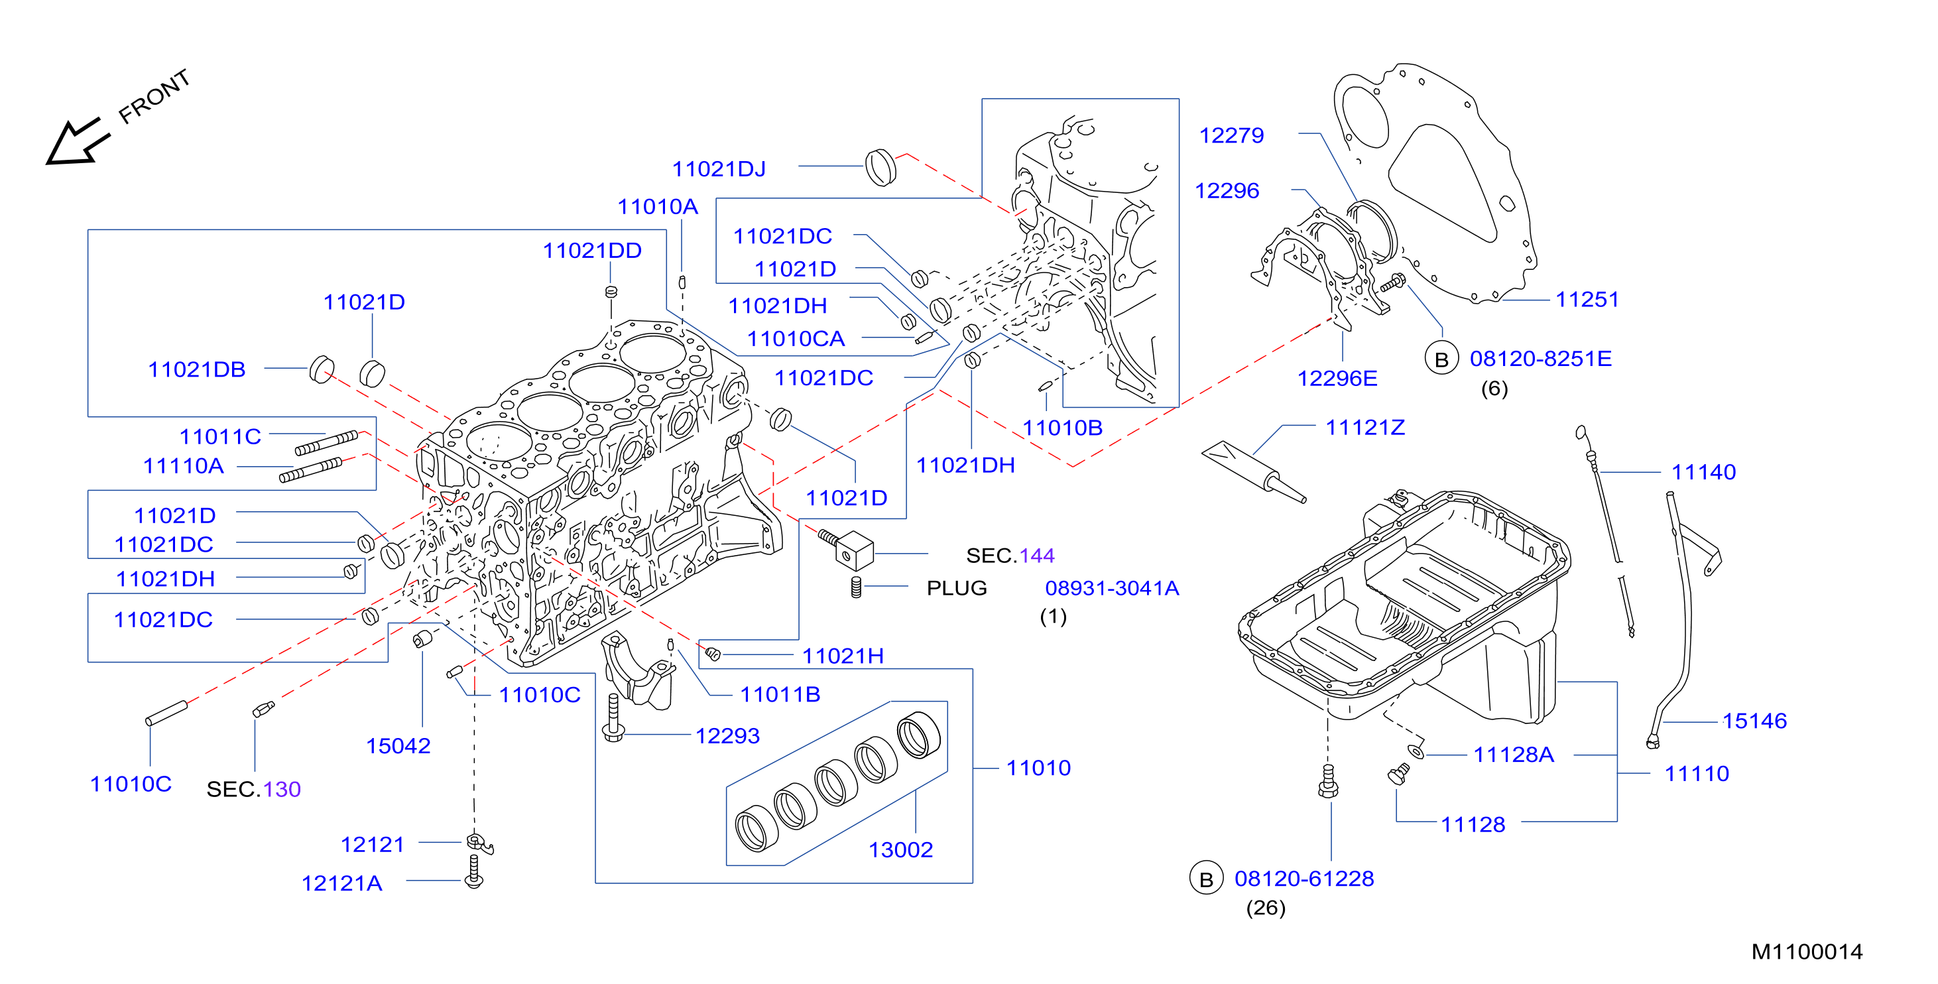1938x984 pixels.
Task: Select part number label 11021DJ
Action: click(719, 168)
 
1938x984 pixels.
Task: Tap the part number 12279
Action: click(1232, 135)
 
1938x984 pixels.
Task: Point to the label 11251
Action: click(1587, 300)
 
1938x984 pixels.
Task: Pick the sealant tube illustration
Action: click(1253, 471)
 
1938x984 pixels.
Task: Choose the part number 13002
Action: click(900, 849)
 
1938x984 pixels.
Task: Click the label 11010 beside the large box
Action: click(1038, 767)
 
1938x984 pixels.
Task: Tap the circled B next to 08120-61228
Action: click(1206, 879)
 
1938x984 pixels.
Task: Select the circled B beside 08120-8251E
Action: click(1441, 359)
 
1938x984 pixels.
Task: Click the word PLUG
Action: click(956, 588)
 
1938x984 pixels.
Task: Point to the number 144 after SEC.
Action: click(1037, 555)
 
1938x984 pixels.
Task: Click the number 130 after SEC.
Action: click(282, 789)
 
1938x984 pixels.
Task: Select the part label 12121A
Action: click(341, 883)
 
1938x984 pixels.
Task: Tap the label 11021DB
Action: click(196, 369)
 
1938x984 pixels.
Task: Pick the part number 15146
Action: click(1754, 721)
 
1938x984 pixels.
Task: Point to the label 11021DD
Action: click(592, 251)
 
